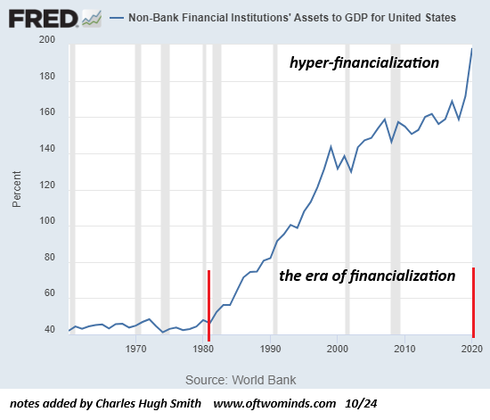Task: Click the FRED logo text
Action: click(x=43, y=19)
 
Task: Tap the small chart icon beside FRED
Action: click(x=92, y=19)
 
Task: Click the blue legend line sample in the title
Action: click(x=117, y=18)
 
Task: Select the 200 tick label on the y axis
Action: click(x=47, y=39)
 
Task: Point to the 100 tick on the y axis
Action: click(x=47, y=221)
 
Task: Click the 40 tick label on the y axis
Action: click(x=50, y=329)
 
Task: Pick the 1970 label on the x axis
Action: click(x=135, y=349)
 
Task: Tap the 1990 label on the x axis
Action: click(x=270, y=349)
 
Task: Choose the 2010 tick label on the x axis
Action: click(x=404, y=349)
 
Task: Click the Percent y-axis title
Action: click(x=17, y=189)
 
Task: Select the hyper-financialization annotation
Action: click(x=364, y=62)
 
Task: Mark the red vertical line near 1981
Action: click(x=208, y=306)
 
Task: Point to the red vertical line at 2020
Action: click(x=473, y=302)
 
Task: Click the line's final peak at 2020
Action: click(x=472, y=48)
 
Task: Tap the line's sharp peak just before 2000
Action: click(x=331, y=146)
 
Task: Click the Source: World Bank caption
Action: click(x=241, y=380)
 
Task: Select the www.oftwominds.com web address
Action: click(x=274, y=403)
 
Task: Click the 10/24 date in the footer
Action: click(x=361, y=403)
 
